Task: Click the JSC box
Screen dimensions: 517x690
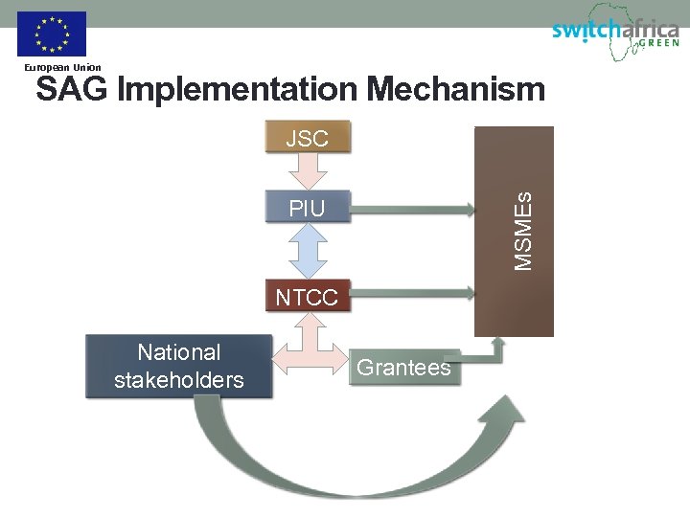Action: coord(307,138)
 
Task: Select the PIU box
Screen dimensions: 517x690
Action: coord(307,208)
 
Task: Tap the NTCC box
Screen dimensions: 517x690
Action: coord(307,297)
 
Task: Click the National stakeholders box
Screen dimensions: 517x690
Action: coord(178,366)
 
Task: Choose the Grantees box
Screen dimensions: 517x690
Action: coord(402,367)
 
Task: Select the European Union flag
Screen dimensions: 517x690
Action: coord(52,34)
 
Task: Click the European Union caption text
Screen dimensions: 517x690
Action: coord(62,68)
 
